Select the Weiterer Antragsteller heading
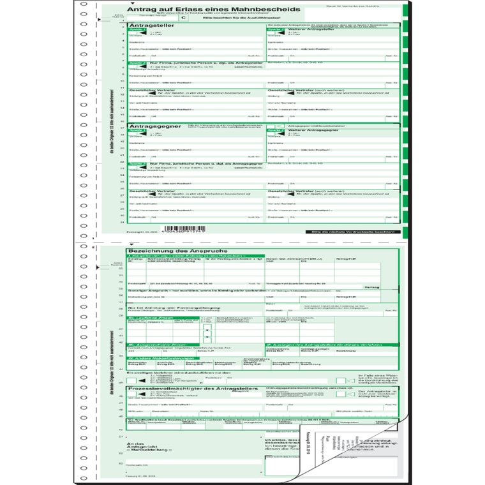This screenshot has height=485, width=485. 312,30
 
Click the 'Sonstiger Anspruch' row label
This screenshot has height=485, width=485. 147,288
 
